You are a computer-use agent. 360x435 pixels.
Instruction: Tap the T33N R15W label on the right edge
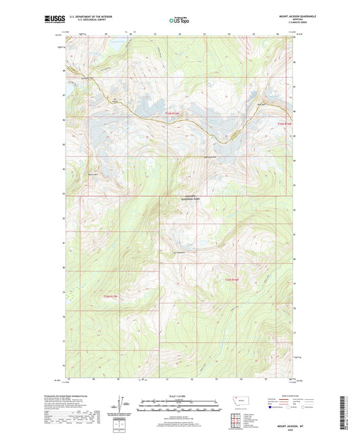(x=286, y=124)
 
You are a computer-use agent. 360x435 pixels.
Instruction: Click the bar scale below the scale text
(x=180, y=406)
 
